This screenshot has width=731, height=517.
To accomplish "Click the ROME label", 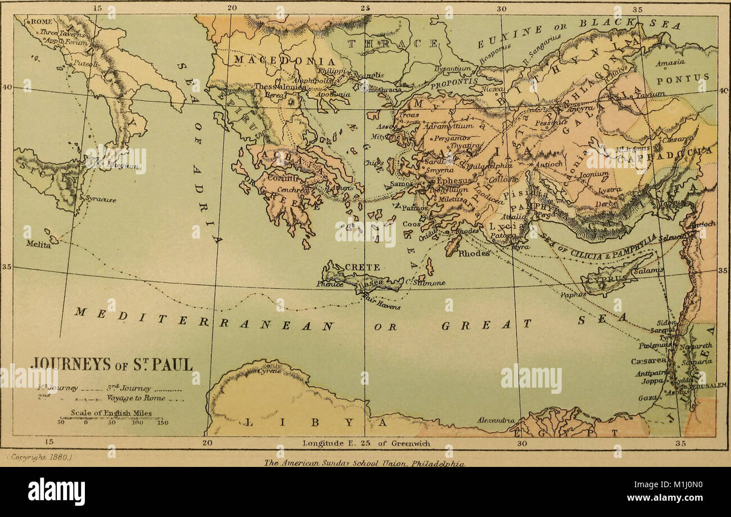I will coord(40,21).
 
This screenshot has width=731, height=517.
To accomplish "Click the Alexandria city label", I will coord(496,420).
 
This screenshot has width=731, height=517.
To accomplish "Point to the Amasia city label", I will coord(670,62).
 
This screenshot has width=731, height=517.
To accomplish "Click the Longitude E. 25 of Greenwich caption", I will coord(367,443).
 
